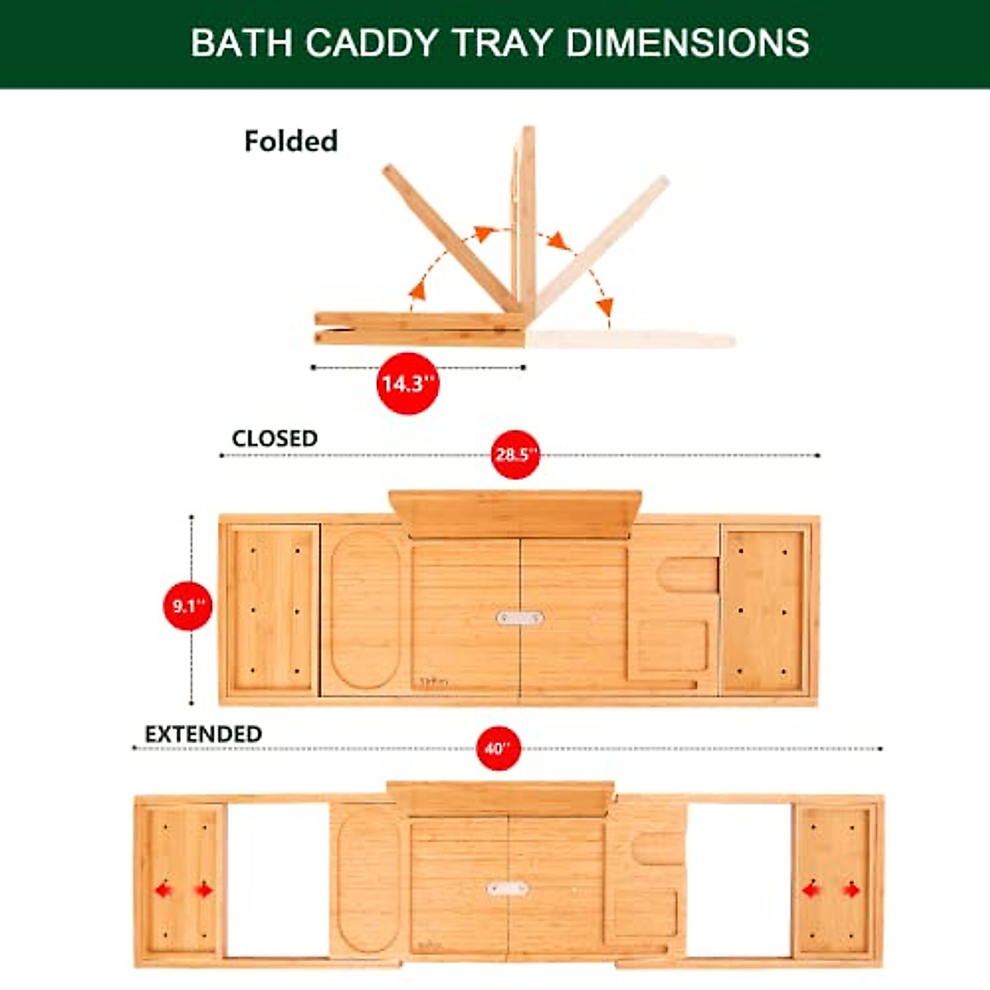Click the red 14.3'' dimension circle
pyautogui.click(x=406, y=384)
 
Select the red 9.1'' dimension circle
pyautogui.click(x=188, y=606)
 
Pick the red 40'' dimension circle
pyautogui.click(x=498, y=748)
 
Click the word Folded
pyautogui.click(x=290, y=141)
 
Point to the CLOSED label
pyautogui.click(x=274, y=438)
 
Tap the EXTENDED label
pyautogui.click(x=203, y=733)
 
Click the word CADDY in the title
pyautogui.click(x=370, y=43)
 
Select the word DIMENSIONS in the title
pyautogui.click(x=687, y=43)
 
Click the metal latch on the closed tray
pyautogui.click(x=520, y=618)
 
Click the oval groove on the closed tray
pyautogui.click(x=365, y=610)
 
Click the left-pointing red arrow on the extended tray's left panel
pyautogui.click(x=163, y=890)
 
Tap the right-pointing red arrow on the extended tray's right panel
pyautogui.click(x=851, y=890)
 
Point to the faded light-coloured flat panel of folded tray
pyautogui.click(x=631, y=339)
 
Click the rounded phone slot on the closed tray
pyautogui.click(x=690, y=574)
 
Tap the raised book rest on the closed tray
pyautogui.click(x=516, y=513)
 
